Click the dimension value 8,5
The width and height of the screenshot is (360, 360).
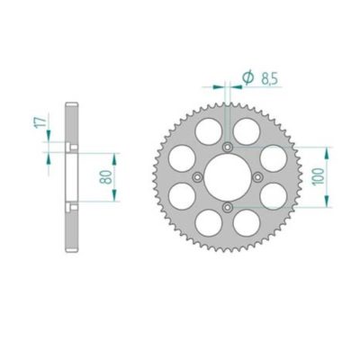(x=267, y=80)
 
